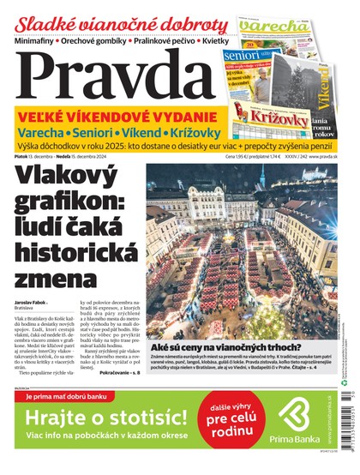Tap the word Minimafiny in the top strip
[35, 40]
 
